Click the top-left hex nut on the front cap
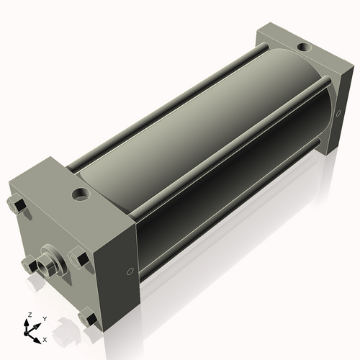click(x=19, y=206)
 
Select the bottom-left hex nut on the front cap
click(x=28, y=264)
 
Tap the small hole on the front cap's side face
click(x=130, y=271)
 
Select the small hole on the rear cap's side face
click(x=338, y=113)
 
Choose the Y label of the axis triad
click(x=45, y=319)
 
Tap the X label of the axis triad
click(x=45, y=338)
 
